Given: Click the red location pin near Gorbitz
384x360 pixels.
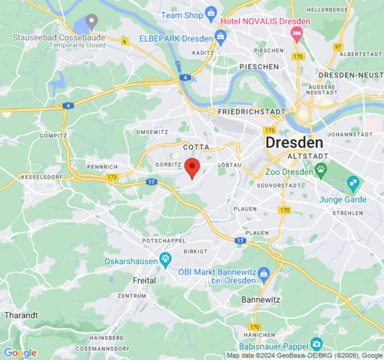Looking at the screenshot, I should click(192, 167).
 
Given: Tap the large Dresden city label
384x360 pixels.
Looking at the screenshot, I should click(294, 143).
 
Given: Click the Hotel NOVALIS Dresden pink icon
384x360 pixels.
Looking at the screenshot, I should click(296, 33).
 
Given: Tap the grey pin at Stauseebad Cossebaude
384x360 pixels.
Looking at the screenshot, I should click(92, 21).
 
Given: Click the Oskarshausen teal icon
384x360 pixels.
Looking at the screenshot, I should click(165, 259).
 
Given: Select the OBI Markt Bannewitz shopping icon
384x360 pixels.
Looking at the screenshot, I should click(264, 273).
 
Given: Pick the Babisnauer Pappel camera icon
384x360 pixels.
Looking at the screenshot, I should click(316, 344).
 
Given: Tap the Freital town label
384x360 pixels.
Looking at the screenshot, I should click(144, 280).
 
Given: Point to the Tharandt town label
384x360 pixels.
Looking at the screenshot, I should click(21, 315).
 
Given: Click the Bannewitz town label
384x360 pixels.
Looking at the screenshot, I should click(261, 299).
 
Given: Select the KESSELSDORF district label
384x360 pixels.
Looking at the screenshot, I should click(42, 177).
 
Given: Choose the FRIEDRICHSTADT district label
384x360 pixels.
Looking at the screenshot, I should click(251, 111).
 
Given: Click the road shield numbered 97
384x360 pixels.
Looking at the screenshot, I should click(338, 46).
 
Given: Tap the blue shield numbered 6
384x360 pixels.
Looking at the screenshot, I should click(125, 42).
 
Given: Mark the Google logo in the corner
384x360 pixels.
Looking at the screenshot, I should click(20, 353).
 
